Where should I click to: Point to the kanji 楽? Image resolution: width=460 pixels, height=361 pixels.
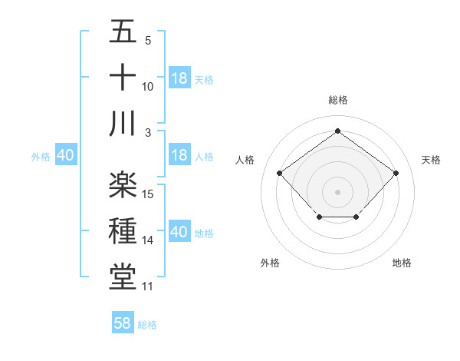pyautogui.click(x=123, y=184)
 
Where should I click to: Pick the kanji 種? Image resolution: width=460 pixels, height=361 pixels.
pyautogui.click(x=123, y=230)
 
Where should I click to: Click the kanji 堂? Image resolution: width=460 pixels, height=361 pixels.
pyautogui.click(x=123, y=277)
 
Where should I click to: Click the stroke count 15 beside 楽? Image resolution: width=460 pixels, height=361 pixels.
pyautogui.click(x=148, y=194)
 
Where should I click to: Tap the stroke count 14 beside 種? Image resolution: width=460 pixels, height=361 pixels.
pyautogui.click(x=148, y=240)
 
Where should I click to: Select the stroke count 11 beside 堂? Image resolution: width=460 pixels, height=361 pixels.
pyautogui.click(x=148, y=286)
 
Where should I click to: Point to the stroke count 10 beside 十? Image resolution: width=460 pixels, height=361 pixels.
pyautogui.click(x=148, y=87)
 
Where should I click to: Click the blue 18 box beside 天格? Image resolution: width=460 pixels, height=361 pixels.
pyautogui.click(x=179, y=78)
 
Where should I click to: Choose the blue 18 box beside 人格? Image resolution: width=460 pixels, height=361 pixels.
pyautogui.click(x=179, y=155)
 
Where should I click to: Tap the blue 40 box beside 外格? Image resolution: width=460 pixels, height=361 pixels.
pyautogui.click(x=65, y=155)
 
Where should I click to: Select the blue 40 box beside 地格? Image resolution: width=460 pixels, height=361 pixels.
pyautogui.click(x=179, y=232)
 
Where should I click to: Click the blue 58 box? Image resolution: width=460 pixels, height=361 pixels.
pyautogui.click(x=123, y=323)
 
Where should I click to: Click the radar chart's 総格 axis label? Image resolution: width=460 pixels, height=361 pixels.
pyautogui.click(x=337, y=100)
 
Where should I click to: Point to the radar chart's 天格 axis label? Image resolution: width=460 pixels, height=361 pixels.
pyautogui.click(x=431, y=160)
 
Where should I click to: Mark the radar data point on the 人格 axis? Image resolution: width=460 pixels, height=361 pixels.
pyautogui.click(x=279, y=174)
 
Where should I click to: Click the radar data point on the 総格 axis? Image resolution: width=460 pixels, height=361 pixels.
pyautogui.click(x=337, y=131)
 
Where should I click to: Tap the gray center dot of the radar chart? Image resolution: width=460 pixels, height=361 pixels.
pyautogui.click(x=337, y=191)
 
